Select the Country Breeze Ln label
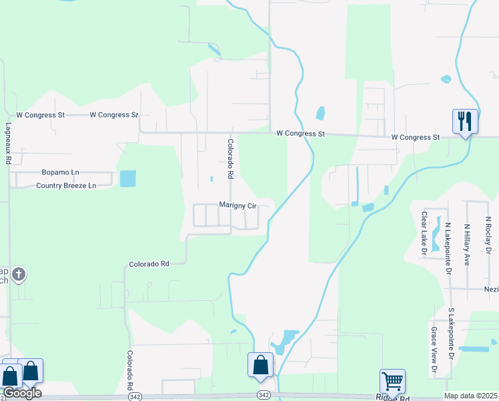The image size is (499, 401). coord(66,185)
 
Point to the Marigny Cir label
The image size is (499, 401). coord(237,206)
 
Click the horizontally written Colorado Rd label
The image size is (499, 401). coord(149,264)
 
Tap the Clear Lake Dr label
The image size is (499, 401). coord(424,233)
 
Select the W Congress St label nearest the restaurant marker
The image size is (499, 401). coord(416,137)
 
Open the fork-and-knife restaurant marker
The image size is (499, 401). coord(465,121)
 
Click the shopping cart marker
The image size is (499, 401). coord(392,382)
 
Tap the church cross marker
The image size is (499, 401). coord(19,273)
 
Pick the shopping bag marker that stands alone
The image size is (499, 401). coord(261,365)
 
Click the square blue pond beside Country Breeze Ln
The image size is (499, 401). coord(127,178)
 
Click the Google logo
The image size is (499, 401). coord(22,393)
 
